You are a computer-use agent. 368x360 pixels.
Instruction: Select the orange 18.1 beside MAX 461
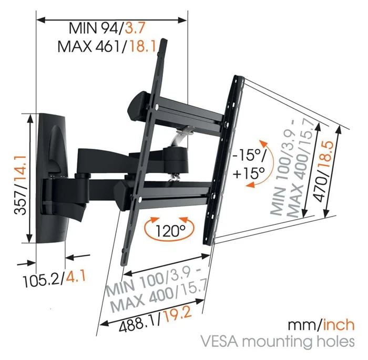coord(141,47)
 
